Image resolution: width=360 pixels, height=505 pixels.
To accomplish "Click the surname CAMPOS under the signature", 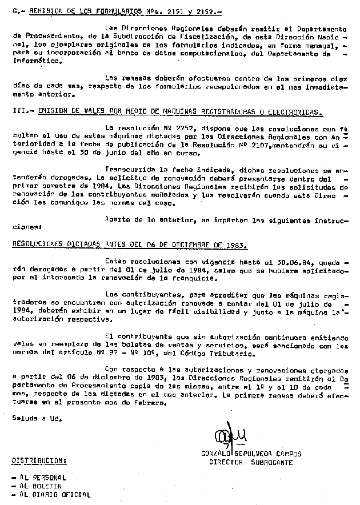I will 288,454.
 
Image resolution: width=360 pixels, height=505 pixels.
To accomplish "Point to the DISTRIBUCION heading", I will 39,461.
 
